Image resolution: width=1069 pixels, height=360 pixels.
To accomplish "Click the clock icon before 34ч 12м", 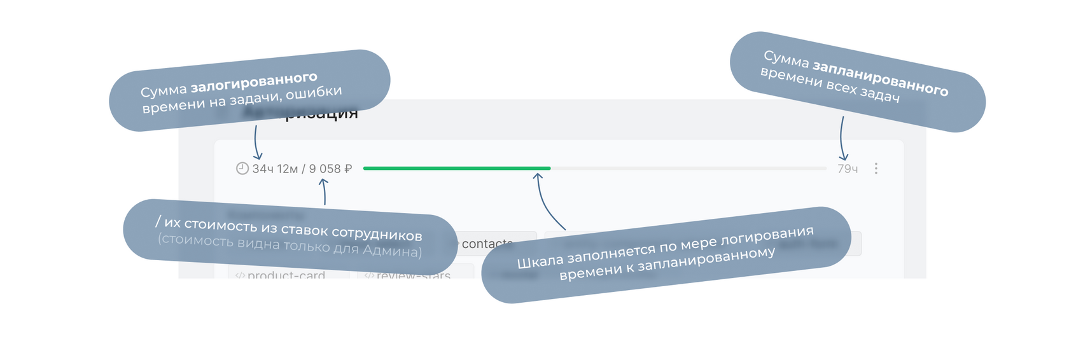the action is (x=242, y=169).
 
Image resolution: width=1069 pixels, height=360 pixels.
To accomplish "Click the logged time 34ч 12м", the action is (x=275, y=169).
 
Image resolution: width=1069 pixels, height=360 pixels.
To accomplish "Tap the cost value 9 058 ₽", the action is (x=330, y=169).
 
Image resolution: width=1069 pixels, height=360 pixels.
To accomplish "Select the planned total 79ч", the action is (x=848, y=169).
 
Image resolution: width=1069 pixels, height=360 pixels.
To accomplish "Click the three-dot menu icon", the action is (x=876, y=169).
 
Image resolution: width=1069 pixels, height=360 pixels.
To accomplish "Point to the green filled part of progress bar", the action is (x=456, y=168).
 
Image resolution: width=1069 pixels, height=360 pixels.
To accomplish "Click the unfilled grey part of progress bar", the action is (x=687, y=168).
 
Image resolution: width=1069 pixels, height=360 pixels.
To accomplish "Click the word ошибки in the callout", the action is (x=314, y=93).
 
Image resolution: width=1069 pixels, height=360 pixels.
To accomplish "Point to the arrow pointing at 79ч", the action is (x=842, y=139).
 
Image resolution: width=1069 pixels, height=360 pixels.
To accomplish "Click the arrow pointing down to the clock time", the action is (x=256, y=142).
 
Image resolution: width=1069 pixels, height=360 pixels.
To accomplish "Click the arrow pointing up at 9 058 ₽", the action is (x=324, y=191).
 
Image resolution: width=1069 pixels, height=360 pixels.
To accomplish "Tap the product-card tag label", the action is (x=286, y=275).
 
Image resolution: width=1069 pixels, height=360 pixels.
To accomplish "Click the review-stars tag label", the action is (x=413, y=275).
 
